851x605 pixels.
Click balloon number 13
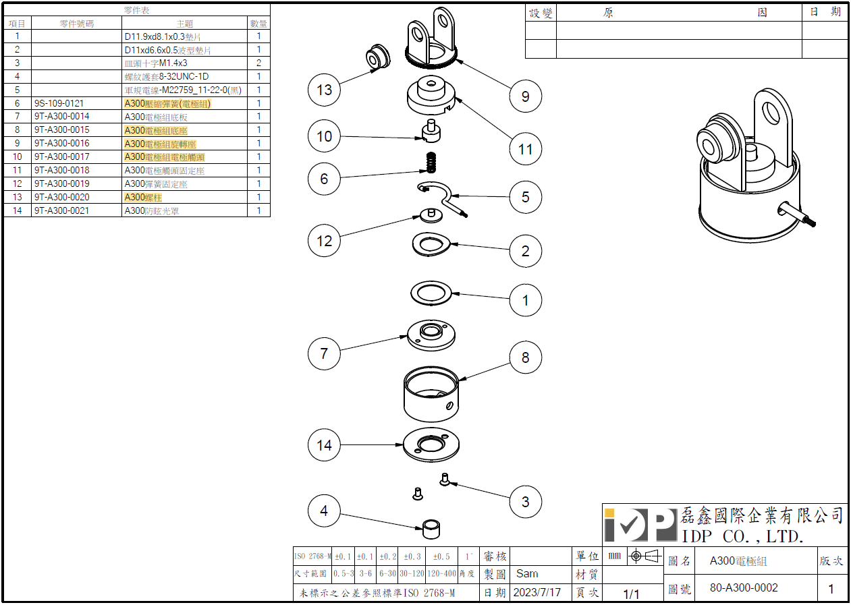coord(325,89)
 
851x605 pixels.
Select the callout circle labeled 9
coord(525,96)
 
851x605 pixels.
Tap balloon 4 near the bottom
coord(324,511)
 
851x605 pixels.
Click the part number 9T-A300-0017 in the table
coord(61,156)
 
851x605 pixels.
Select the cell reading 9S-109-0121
coord(59,103)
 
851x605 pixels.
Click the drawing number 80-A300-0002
coord(744,587)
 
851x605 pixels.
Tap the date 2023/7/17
coord(537,592)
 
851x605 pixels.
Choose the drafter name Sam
coord(527,573)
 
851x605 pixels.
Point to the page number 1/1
coord(631,594)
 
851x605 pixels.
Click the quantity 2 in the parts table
coord(258,63)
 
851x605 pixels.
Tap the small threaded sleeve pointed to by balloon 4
coord(431,528)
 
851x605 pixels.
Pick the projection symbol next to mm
coord(644,556)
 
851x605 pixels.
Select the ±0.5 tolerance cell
coord(441,556)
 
